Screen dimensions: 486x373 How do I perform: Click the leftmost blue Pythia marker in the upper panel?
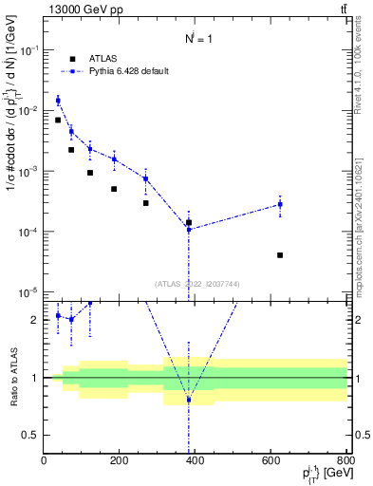pos(58,100)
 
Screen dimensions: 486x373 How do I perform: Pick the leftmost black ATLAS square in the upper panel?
pos(58,120)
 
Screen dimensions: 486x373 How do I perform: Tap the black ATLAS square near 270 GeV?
pos(146,202)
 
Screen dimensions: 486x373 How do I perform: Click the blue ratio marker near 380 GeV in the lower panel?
pos(189,400)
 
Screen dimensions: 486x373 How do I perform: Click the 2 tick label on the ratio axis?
pos(36,320)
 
